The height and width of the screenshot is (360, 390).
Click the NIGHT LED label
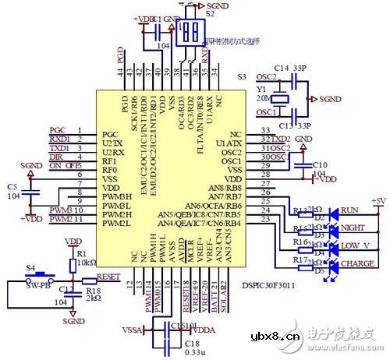coord(352,228)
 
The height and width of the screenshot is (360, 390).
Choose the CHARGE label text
coord(356,263)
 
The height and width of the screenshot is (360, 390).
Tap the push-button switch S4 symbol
coord(33,276)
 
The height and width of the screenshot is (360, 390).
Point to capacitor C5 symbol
coord(31,189)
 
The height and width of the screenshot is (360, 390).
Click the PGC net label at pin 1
coord(58,129)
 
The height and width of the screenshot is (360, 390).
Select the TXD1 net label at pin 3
coord(59,147)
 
